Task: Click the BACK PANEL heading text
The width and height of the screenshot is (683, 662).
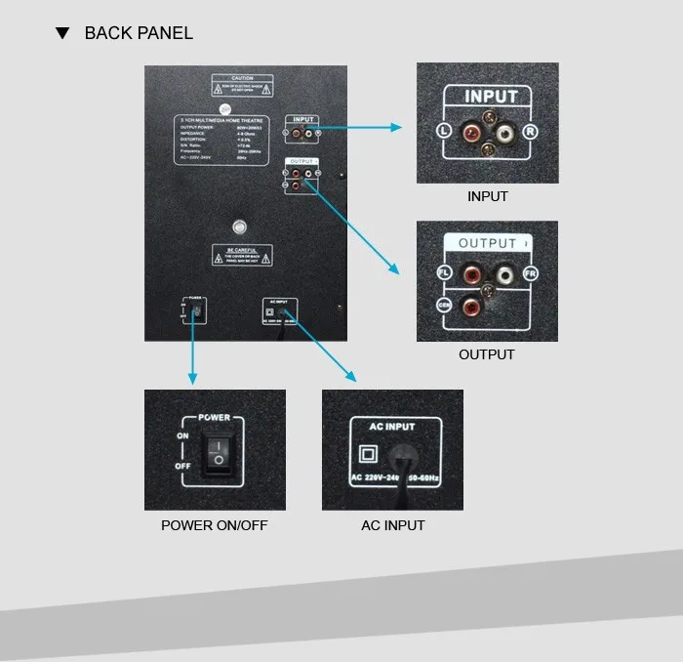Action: click(x=139, y=33)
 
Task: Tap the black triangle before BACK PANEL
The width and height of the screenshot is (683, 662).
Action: click(x=63, y=33)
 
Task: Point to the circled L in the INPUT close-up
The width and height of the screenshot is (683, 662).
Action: click(x=443, y=131)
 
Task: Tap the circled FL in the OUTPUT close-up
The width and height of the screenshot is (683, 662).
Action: click(x=443, y=273)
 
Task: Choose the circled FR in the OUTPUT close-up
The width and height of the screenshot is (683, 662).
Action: click(x=531, y=274)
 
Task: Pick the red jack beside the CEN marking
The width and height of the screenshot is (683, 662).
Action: click(x=472, y=309)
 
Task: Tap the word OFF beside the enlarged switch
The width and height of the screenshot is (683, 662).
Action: click(x=183, y=466)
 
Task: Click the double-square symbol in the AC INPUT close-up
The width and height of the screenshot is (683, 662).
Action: click(x=369, y=454)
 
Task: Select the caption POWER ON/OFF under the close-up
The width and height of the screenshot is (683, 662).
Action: click(x=214, y=526)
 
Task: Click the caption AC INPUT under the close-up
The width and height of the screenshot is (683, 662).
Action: click(x=392, y=526)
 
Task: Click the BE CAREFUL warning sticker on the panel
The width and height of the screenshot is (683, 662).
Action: click(x=243, y=255)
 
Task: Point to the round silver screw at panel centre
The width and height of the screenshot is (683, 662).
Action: click(x=238, y=228)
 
